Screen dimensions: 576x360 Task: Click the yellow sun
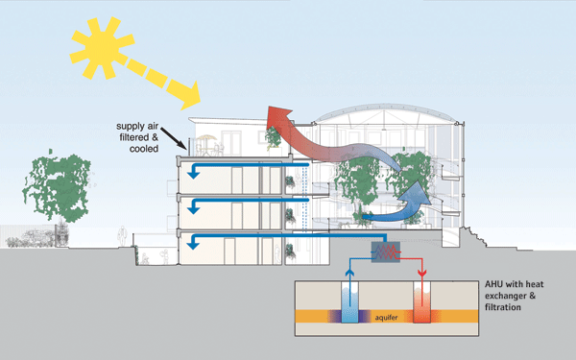click(x=102, y=48)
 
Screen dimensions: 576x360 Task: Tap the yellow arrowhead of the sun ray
click(x=190, y=96)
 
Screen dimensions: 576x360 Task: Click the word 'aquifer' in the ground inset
click(x=386, y=317)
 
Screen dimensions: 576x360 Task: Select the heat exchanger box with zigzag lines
click(x=386, y=252)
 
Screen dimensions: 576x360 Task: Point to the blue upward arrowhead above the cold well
click(x=350, y=273)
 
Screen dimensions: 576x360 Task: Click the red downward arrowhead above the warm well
click(x=422, y=273)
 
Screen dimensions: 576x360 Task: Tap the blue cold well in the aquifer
click(x=350, y=302)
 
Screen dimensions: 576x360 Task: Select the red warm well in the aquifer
click(x=422, y=302)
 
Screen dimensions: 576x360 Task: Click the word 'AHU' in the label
click(x=493, y=284)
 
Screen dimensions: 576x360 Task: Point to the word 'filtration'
click(x=503, y=307)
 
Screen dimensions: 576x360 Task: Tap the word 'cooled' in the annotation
click(x=144, y=149)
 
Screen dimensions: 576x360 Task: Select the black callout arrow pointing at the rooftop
click(x=174, y=138)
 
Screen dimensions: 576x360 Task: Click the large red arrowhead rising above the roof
click(x=279, y=116)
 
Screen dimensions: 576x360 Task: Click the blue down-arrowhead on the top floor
click(x=194, y=174)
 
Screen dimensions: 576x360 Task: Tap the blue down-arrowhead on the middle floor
click(x=194, y=209)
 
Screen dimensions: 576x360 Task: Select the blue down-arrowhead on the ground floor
click(x=194, y=244)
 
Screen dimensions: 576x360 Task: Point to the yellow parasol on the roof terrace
click(x=206, y=138)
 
